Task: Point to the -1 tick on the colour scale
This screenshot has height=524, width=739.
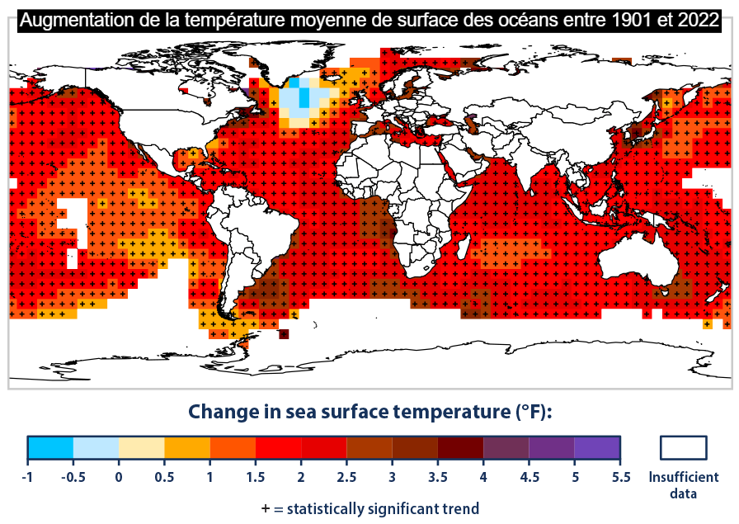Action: pos(27,476)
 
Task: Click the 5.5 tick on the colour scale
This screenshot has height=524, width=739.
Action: pos(620,476)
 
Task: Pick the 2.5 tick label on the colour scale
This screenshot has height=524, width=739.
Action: pos(346,476)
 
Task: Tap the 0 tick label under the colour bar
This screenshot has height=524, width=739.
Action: pos(119,476)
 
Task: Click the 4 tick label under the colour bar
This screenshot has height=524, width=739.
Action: pos(483,476)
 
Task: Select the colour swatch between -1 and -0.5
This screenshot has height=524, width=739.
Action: pos(50,447)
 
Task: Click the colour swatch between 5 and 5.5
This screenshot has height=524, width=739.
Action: pos(597,447)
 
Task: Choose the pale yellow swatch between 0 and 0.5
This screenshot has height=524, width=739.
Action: pos(142,447)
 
